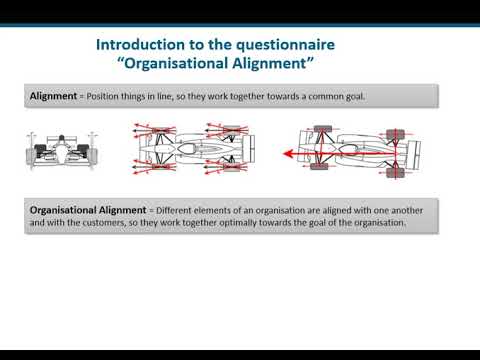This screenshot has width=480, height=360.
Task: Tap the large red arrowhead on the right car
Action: pyautogui.click(x=287, y=154)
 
